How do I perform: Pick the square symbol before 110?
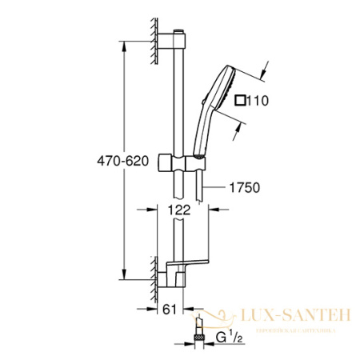[x=239, y=102]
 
